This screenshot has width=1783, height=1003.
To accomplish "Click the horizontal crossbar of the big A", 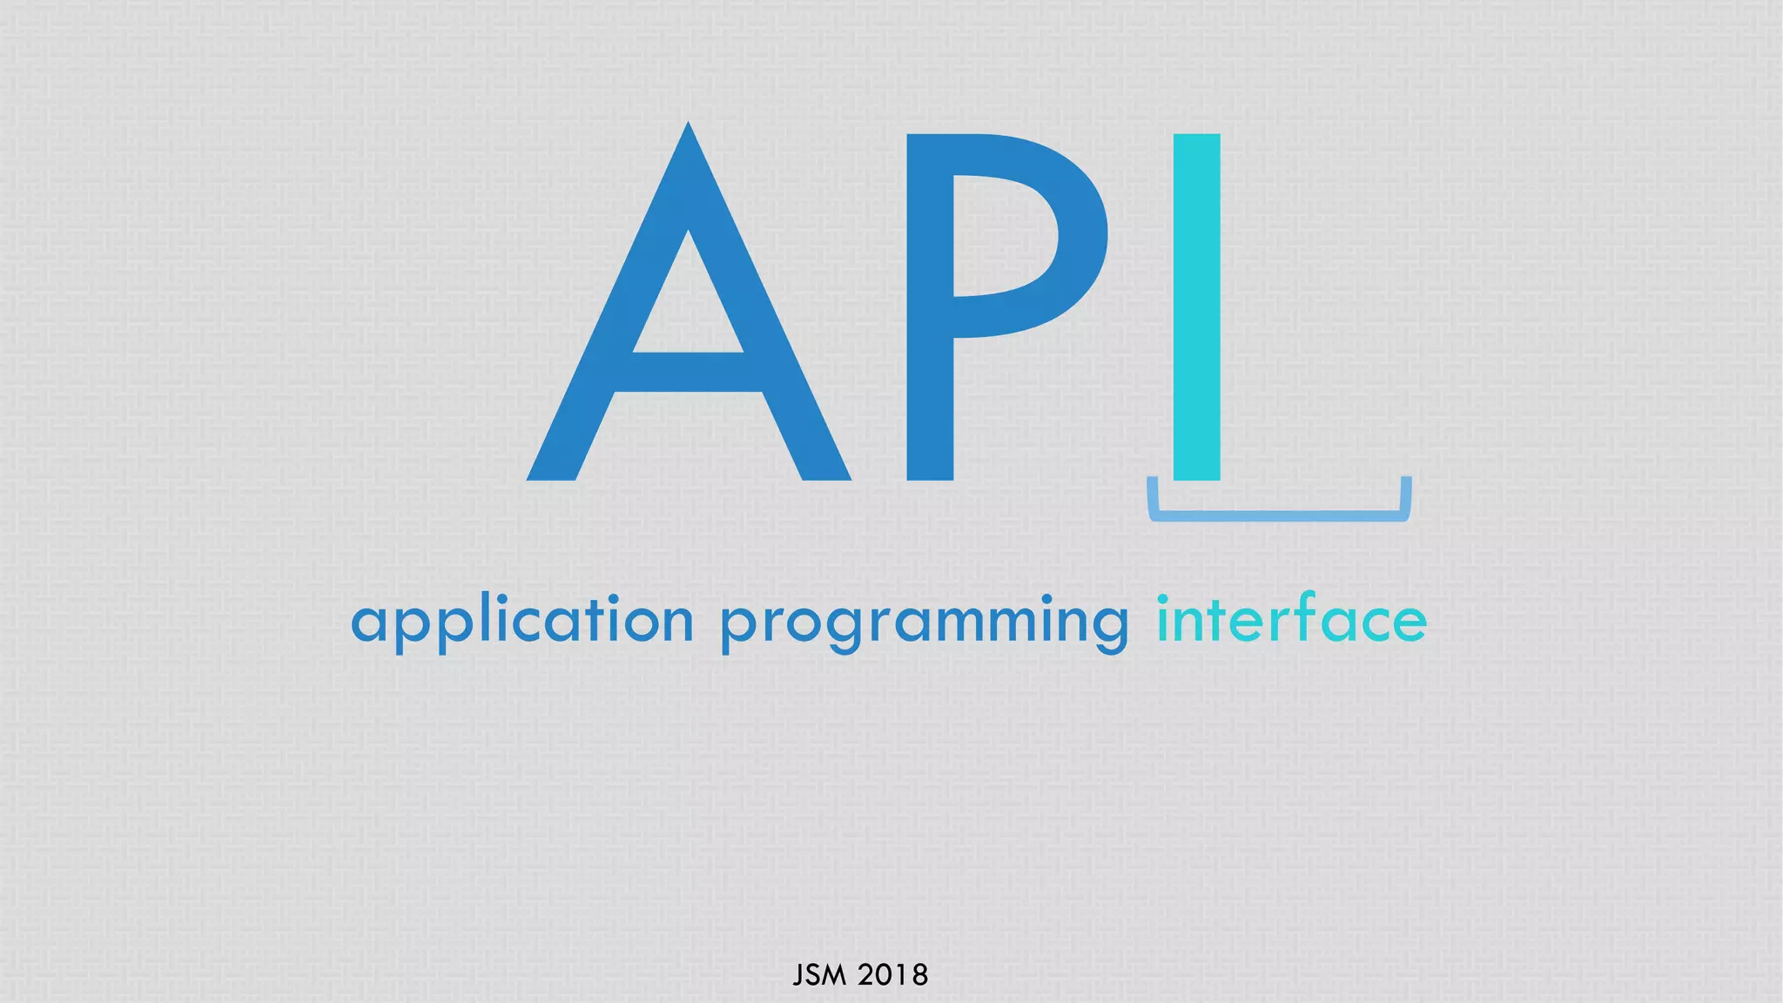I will click(688, 372).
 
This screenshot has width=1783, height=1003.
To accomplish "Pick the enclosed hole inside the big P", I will click(1001, 235).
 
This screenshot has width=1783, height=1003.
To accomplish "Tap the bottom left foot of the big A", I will click(552, 470).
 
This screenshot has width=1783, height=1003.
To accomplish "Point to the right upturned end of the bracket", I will click(1405, 493).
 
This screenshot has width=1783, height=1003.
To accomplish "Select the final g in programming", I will click(1108, 629).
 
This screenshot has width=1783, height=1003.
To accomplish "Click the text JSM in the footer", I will click(819, 975).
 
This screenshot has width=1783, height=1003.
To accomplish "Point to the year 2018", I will click(893, 975).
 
